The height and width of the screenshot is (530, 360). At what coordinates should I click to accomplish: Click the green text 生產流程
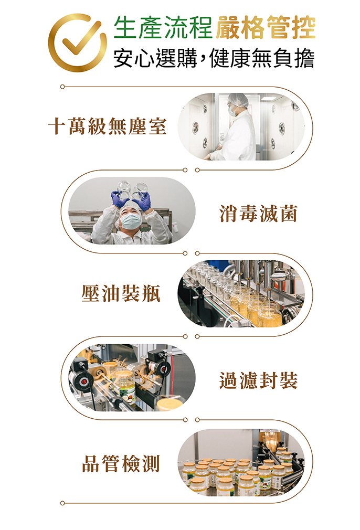coord(163,27)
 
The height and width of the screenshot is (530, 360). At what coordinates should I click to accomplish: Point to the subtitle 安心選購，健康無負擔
coord(214,58)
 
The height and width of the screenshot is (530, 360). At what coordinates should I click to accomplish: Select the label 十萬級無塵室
coord(108,126)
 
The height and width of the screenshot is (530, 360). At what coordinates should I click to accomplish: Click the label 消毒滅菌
coord(258,214)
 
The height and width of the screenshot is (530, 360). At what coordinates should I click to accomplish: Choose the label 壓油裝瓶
coord(121,293)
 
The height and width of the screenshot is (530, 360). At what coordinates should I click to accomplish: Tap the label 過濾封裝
coord(258,380)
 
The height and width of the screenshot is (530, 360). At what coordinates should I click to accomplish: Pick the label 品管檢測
coord(121,463)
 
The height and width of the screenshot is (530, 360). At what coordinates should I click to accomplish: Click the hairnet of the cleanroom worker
coord(238,99)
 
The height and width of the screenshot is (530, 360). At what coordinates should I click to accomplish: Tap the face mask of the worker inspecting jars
coord(131,221)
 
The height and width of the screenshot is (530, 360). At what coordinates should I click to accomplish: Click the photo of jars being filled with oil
coord(241,293)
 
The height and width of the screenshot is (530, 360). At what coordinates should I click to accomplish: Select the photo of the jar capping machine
coord(132,377)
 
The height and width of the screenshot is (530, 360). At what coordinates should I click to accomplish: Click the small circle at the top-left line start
coord(62,87)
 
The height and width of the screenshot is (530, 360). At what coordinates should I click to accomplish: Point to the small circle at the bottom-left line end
coord(62,503)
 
